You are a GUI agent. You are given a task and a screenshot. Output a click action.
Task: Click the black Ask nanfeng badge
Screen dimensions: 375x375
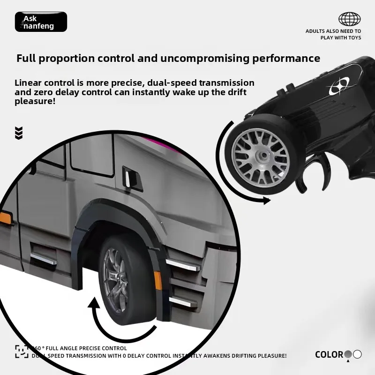click(x=41, y=22)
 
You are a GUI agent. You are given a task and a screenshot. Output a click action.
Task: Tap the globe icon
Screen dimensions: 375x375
click(x=349, y=19)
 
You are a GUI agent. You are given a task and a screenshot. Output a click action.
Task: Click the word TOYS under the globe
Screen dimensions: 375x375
click(x=354, y=38)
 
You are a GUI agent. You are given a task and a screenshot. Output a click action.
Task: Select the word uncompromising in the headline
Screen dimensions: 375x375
click(x=205, y=58)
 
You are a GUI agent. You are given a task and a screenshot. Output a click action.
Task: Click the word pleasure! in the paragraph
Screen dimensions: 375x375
click(x=35, y=101)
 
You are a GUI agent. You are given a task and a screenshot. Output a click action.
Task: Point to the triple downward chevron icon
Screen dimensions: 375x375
click(x=19, y=133)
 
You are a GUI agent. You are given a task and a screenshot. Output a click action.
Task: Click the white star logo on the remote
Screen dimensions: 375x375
click(x=339, y=87)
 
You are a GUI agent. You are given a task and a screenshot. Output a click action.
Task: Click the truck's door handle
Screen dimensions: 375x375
click(x=132, y=179)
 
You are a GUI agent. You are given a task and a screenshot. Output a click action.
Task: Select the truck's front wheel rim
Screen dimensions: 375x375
click(x=115, y=280)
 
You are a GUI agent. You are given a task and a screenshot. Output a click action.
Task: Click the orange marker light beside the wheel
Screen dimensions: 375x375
click(x=158, y=280)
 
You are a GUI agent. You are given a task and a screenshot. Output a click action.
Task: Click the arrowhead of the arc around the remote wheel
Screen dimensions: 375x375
click(x=267, y=201)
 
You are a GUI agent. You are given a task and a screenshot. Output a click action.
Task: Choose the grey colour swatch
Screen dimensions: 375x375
click(x=348, y=354)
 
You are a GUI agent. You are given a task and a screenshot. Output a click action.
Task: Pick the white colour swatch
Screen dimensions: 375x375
click(x=357, y=354)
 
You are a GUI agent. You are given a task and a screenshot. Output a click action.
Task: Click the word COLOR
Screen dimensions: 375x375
click(x=329, y=354)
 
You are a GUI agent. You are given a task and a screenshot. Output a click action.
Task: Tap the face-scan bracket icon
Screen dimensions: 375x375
click(x=22, y=351)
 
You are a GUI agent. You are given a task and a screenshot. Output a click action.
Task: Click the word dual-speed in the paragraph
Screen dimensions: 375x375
click(x=172, y=83)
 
